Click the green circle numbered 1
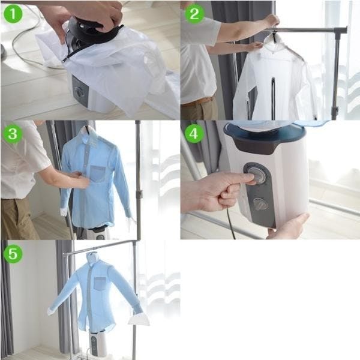pyautogui.click(x=13, y=14)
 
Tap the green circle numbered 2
pyautogui.click(x=194, y=14)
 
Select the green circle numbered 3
pyautogui.click(x=13, y=134)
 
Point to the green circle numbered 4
pyautogui.click(x=194, y=134)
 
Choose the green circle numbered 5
pyautogui.click(x=13, y=254)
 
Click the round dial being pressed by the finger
pyautogui.click(x=256, y=175)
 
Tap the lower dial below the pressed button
pyautogui.click(x=260, y=204)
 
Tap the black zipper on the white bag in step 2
pyautogui.click(x=273, y=98)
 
